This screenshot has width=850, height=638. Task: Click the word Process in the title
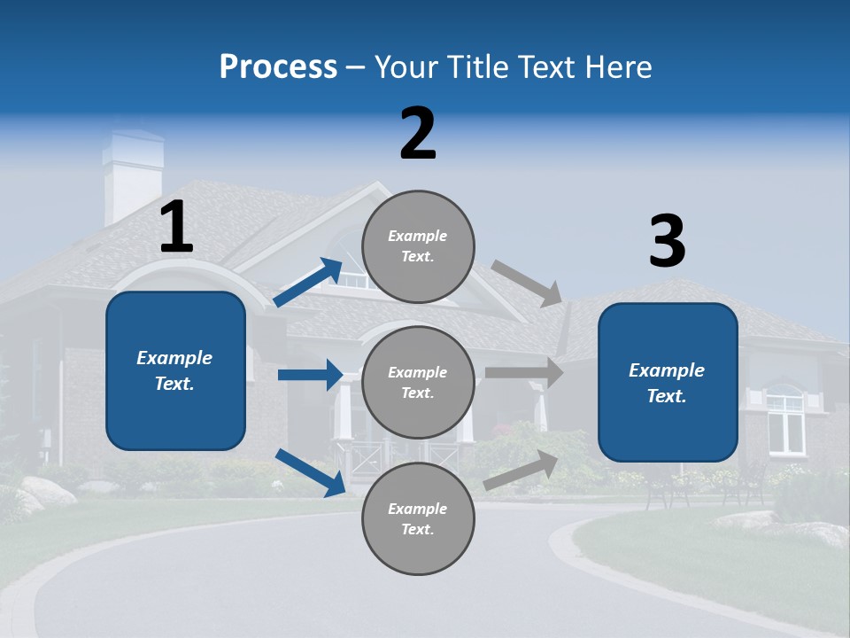pyautogui.click(x=278, y=67)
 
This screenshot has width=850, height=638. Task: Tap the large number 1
pyautogui.click(x=176, y=228)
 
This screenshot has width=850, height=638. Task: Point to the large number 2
pyautogui.click(x=418, y=134)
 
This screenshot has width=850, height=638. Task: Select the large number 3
pyautogui.click(x=667, y=242)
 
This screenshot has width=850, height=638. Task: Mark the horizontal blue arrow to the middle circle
pyautogui.click(x=310, y=375)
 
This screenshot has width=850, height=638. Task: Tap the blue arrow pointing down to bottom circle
pyautogui.click(x=311, y=472)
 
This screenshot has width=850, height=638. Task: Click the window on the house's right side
pyautogui.click(x=784, y=422)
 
